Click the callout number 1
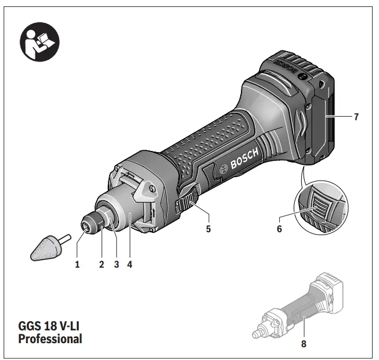[x=77, y=265]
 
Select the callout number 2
[x=102, y=265]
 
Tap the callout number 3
[x=116, y=265]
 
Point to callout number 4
[x=130, y=265]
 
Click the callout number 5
[x=208, y=229]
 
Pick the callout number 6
[x=279, y=229]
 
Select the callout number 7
[x=356, y=117]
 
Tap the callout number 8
[x=303, y=343]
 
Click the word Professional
[x=50, y=338]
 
